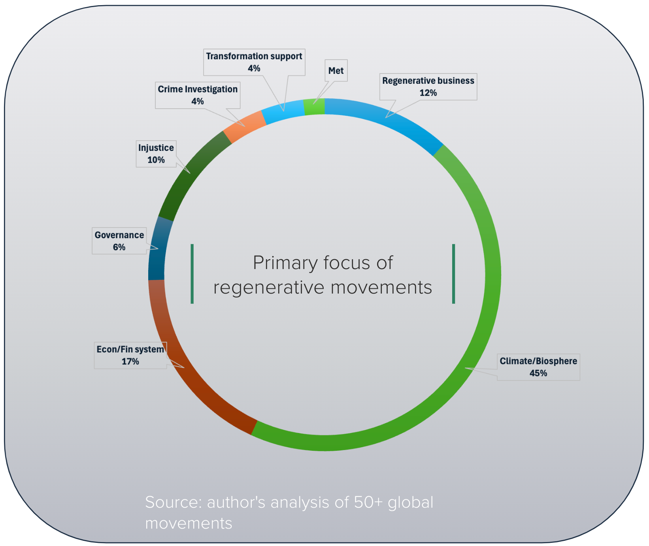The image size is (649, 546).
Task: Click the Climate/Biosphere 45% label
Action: point(538,367)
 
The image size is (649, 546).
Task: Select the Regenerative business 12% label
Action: point(428,87)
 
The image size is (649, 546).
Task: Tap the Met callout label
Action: point(336,71)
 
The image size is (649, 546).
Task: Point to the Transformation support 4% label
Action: point(254,62)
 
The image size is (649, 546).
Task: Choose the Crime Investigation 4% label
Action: point(198,95)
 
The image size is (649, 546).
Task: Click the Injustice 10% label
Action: point(156,154)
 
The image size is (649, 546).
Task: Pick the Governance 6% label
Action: point(119,241)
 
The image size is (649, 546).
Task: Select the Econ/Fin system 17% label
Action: point(130,355)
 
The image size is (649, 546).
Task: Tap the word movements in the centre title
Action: point(381,288)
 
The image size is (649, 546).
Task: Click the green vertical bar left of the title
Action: point(192,274)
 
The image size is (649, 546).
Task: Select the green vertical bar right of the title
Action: point(453,274)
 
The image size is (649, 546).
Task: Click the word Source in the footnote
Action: point(174,503)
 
